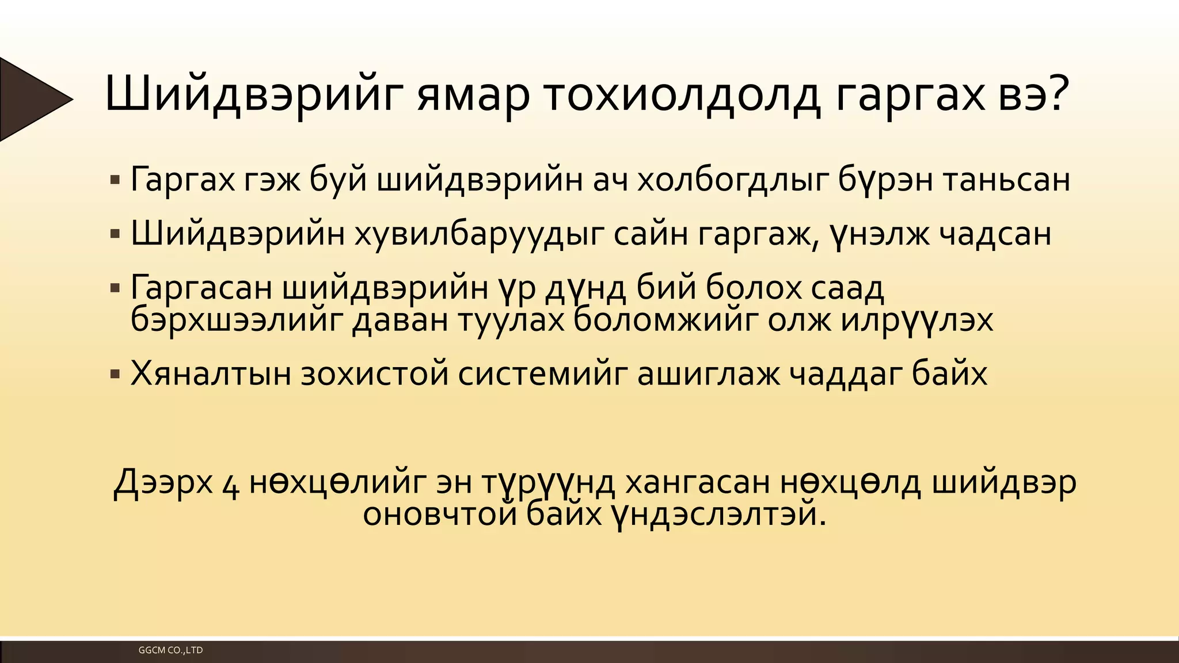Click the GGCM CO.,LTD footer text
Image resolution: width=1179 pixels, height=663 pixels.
170,650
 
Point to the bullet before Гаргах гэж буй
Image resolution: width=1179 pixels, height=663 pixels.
115,180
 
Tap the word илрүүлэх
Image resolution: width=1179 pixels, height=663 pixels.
916,320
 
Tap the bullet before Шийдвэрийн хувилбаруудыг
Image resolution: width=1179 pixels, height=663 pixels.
115,234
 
